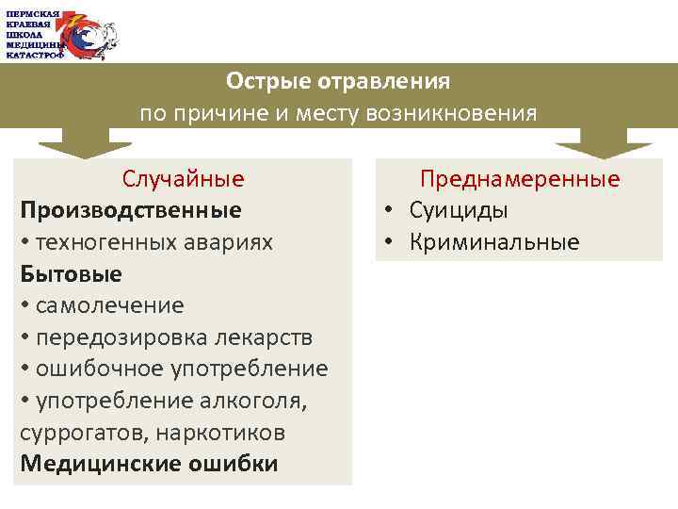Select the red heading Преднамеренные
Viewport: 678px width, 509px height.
[x=520, y=179]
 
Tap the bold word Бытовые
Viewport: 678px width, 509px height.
[x=71, y=273]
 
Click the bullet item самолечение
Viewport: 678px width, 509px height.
[x=110, y=305]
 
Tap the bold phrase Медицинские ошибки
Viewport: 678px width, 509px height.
[x=149, y=464]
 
